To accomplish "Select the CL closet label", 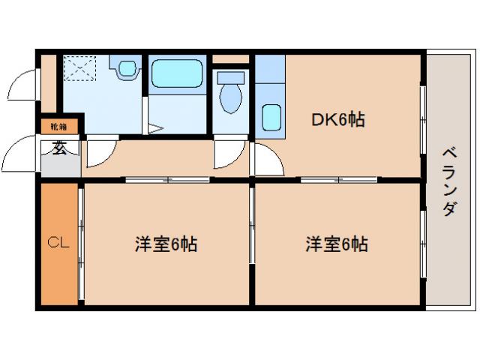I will point(58,243).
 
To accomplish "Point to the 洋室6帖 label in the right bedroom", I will point(335,244).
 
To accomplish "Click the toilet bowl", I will point(231,99).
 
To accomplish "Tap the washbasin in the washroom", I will point(127,67).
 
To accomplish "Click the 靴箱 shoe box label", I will point(58,125).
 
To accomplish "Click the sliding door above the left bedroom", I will point(166,179).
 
